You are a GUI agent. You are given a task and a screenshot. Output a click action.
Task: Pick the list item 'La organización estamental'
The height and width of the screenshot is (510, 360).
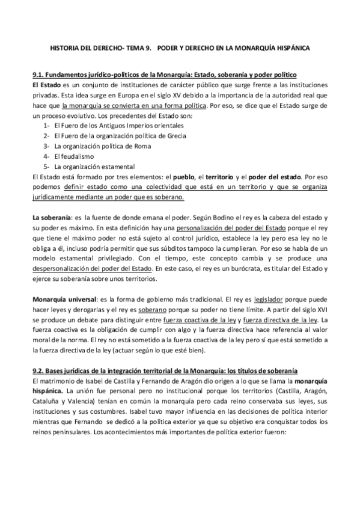pyautogui.click(x=94, y=166)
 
